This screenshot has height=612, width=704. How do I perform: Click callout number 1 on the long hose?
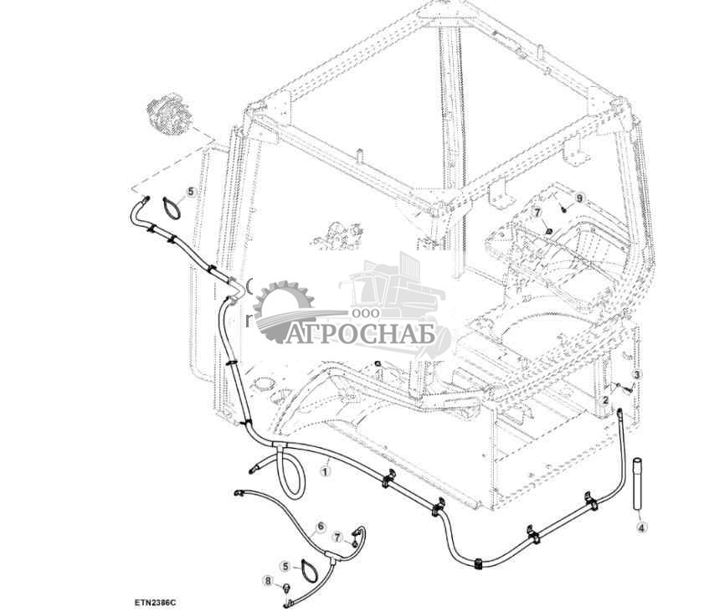(x=325, y=471)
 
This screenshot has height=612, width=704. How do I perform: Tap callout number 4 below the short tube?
(x=641, y=528)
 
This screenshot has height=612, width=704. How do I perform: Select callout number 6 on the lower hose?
(x=320, y=527)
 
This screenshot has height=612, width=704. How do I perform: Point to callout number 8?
(x=268, y=582)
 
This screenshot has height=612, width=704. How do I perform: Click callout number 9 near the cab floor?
(x=579, y=198)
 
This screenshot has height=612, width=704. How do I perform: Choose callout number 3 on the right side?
(x=637, y=374)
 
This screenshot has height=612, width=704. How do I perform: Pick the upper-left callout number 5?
(x=191, y=192)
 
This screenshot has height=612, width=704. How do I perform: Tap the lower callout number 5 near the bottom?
(x=285, y=567)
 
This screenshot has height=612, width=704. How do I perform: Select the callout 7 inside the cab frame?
(x=537, y=212)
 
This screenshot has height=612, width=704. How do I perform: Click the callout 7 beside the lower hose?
(x=338, y=537)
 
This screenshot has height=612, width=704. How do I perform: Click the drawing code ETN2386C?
(x=154, y=603)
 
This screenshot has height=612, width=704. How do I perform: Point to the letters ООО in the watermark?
(x=366, y=313)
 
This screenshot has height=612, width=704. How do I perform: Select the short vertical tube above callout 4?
(x=638, y=483)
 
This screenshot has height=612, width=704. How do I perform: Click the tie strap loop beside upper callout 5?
(x=171, y=208)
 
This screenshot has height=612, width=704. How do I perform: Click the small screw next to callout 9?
(x=563, y=208)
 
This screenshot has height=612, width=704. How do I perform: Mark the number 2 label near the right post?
(x=606, y=399)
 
